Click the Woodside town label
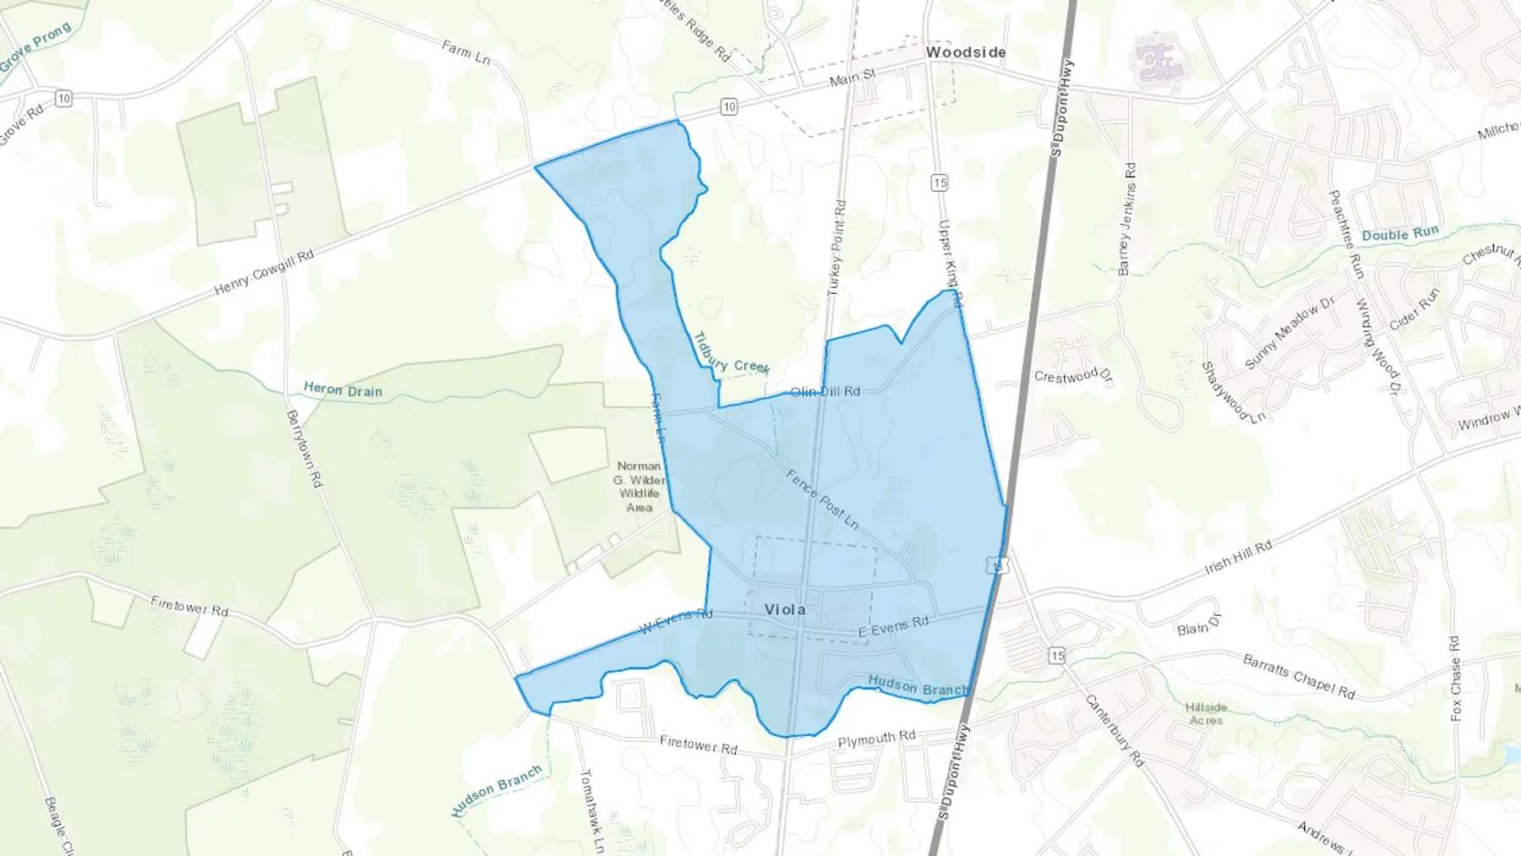pyautogui.click(x=966, y=52)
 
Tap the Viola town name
pyautogui.click(x=784, y=609)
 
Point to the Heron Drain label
pyautogui.click(x=342, y=390)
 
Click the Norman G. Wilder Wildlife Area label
pyautogui.click(x=640, y=487)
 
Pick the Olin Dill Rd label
pyautogui.click(x=825, y=391)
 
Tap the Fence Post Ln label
pyautogui.click(x=822, y=499)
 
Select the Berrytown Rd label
pyautogui.click(x=304, y=449)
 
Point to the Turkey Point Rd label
pyautogui.click(x=837, y=248)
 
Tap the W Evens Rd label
pyautogui.click(x=675, y=621)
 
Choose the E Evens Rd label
pyautogui.click(x=893, y=626)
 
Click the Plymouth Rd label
pyautogui.click(x=876, y=739)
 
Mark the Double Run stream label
pyautogui.click(x=1399, y=234)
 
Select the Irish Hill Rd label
pyautogui.click(x=1238, y=559)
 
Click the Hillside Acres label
pyautogui.click(x=1206, y=714)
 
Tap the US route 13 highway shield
pyautogui.click(x=999, y=565)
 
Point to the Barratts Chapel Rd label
pyautogui.click(x=1299, y=676)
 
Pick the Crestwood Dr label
pyautogui.click(x=1073, y=375)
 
